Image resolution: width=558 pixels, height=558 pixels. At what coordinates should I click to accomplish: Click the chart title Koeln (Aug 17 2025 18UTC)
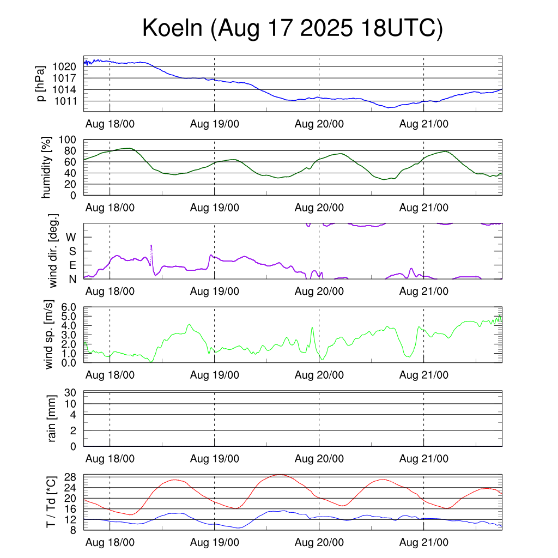coord(293,28)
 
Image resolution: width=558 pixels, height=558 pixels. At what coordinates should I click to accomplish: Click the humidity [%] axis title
coord(47,167)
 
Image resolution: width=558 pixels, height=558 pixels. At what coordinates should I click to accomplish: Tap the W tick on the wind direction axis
coord(71,237)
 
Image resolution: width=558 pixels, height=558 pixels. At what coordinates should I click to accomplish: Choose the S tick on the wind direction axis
coord(72,251)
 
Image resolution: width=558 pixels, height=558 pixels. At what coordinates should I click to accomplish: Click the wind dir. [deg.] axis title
coord(53,251)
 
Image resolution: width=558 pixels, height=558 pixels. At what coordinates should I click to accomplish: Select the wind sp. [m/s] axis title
coord(49,335)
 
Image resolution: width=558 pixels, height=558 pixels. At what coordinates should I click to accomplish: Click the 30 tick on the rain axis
coord(71,392)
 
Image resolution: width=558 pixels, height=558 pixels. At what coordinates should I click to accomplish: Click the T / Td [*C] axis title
coord(51,502)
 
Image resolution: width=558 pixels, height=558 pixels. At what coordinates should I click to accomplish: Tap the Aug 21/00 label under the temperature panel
coord(424,543)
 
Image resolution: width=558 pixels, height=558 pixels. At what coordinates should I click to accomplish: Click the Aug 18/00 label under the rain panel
coord(110,459)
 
